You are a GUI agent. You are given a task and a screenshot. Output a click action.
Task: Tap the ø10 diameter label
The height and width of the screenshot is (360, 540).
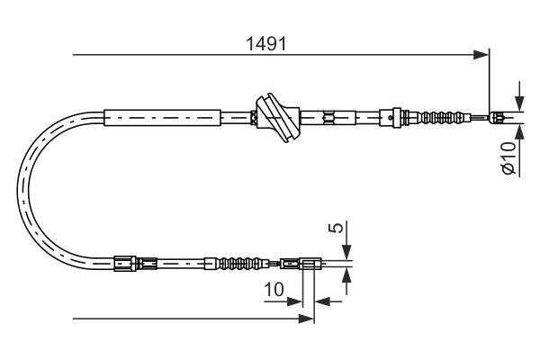coord(508,157)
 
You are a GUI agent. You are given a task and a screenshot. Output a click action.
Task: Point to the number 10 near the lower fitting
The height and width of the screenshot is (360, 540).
coord(275,291)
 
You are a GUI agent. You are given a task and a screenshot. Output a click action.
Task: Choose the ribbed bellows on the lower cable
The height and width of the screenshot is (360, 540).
coord(239,264)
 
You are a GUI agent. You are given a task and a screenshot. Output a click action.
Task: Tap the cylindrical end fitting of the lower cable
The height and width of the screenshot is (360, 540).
coord(309,264)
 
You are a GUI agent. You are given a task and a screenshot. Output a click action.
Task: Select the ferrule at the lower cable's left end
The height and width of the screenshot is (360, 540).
coord(126,264)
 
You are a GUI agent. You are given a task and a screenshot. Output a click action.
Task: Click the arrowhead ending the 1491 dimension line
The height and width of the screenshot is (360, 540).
coord(482,55)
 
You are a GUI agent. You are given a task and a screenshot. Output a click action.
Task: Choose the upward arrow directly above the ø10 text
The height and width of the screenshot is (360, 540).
coord(519,127)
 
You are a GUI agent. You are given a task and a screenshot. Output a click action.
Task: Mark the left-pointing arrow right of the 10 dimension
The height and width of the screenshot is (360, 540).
coord(323,301)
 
